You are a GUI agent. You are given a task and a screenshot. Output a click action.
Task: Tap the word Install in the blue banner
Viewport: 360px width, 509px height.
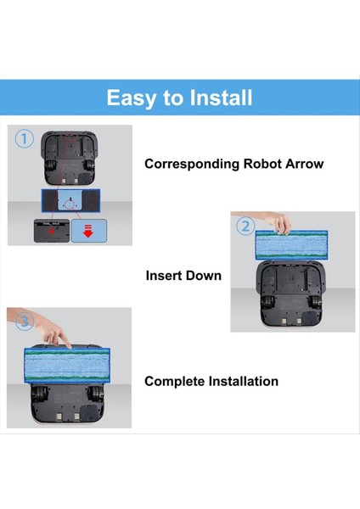tap(216, 98)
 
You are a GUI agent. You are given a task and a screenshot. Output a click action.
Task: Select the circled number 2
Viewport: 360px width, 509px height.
tap(245, 226)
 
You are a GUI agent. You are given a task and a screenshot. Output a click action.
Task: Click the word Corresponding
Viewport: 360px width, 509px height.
tap(192, 164)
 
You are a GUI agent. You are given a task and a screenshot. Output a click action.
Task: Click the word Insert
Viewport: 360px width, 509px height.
tap(165, 276)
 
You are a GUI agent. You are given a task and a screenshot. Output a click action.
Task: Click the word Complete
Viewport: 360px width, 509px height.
tap(174, 382)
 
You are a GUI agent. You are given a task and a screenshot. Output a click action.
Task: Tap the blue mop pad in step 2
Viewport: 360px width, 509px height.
tap(293, 247)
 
